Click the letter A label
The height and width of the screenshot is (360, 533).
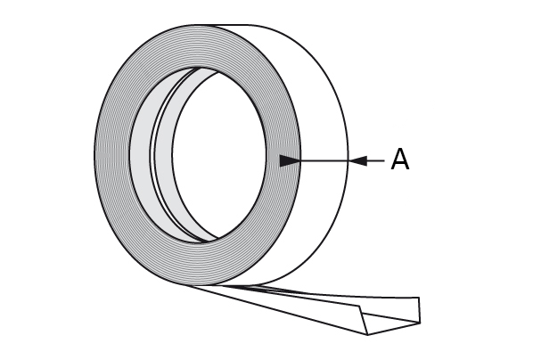click(400, 160)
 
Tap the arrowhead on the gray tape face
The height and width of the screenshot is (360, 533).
click(290, 160)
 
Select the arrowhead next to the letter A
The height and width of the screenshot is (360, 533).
click(358, 160)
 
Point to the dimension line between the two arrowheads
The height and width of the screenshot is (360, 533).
click(324, 160)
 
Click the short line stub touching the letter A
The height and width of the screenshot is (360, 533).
click(376, 160)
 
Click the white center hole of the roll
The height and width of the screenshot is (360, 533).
click(219, 155)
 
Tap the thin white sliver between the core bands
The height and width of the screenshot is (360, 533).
click(153, 155)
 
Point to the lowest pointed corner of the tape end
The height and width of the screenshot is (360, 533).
click(368, 334)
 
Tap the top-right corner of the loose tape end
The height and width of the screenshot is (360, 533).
click(419, 298)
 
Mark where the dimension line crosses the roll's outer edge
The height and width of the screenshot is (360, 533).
click(348, 160)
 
